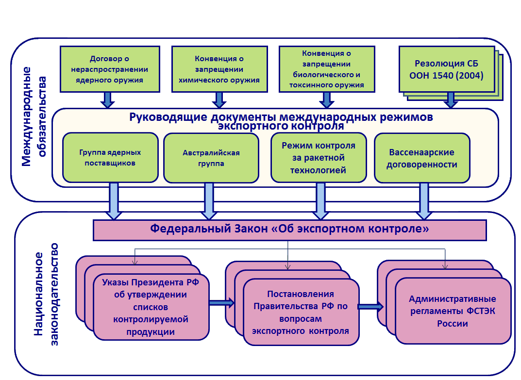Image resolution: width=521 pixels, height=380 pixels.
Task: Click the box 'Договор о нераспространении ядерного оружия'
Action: pos(109,68)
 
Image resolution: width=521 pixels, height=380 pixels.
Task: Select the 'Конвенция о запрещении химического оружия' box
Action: pos(219,68)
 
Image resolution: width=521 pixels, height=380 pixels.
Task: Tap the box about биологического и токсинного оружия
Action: pos(328,68)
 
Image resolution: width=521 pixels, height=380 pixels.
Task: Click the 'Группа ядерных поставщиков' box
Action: pos(110,158)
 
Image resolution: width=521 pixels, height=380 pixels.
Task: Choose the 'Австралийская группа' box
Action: pos(211,158)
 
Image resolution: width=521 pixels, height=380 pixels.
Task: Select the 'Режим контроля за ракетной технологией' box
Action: pos(318,158)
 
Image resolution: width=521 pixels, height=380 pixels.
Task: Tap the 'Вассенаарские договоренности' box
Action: pos(421,158)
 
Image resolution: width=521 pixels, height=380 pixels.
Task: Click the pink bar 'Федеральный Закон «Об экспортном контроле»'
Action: pos(289,230)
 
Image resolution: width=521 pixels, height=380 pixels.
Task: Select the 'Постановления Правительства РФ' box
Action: pos(301,313)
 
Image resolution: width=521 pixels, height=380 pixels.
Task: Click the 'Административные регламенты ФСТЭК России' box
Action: pos(453,311)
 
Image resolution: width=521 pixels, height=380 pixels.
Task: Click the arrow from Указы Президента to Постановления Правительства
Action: pos(221,303)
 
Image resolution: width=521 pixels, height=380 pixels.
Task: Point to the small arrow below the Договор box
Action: pos(108,100)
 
